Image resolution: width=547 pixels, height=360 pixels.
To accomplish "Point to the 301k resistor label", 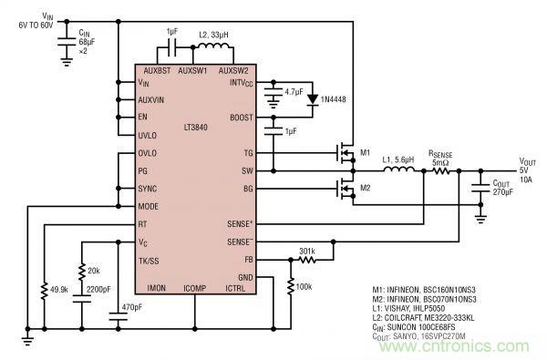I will click(x=306, y=252).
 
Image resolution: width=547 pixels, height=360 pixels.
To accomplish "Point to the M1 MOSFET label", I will click(x=365, y=151).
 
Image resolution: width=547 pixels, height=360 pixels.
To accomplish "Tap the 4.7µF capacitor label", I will click(x=293, y=91).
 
